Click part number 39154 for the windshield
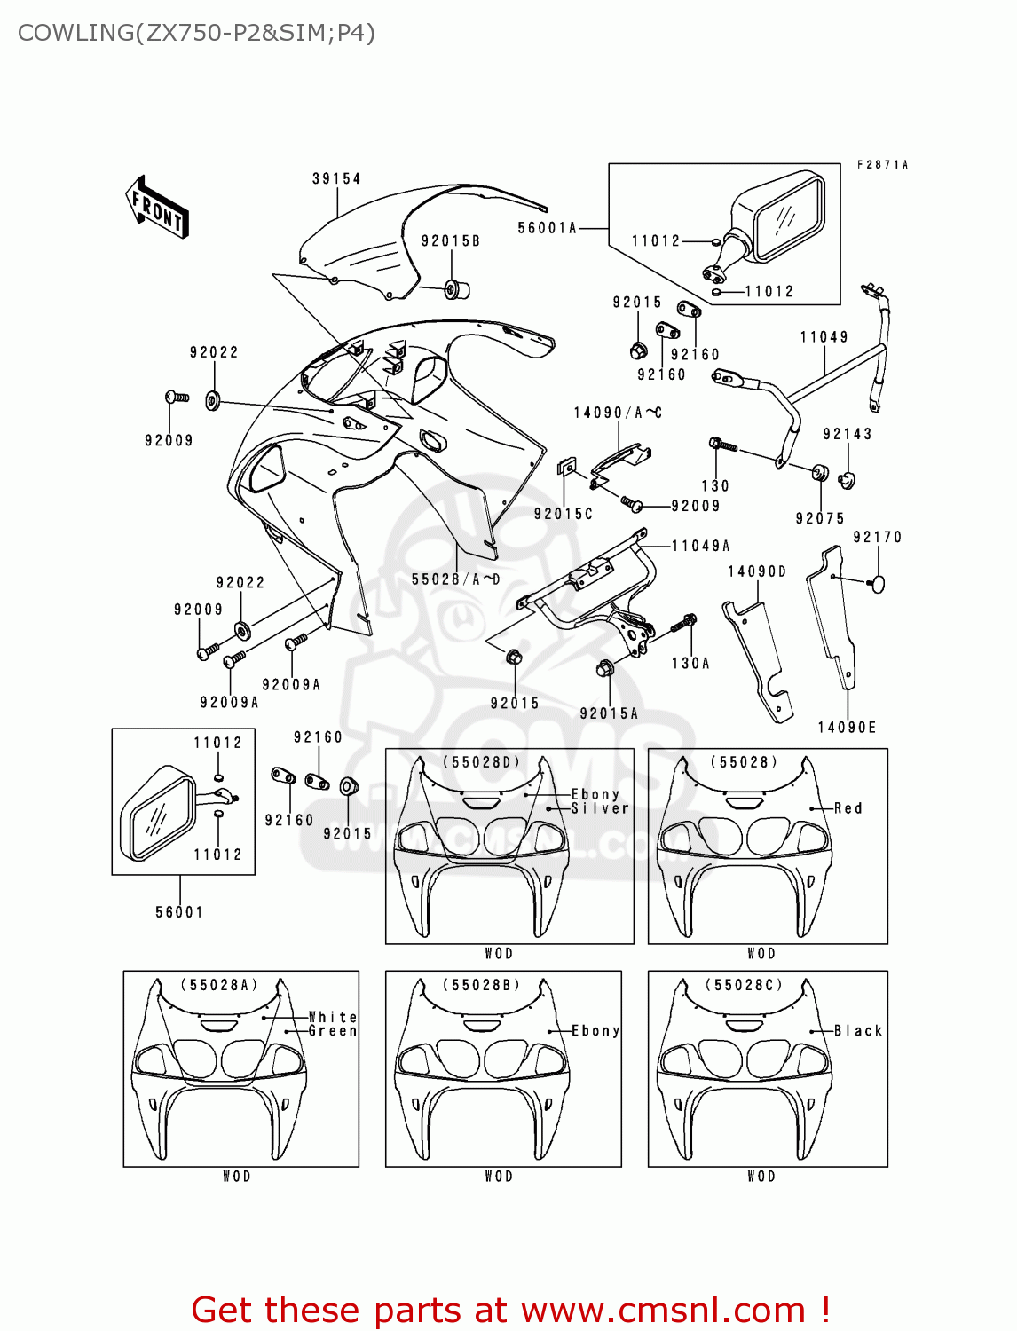coord(336,178)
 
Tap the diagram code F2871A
coord(882,164)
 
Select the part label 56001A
coord(548,228)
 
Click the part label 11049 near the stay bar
coord(824,337)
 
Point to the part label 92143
coord(847,434)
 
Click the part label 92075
coord(820,518)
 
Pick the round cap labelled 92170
coord(877,584)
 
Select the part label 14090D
coord(757,571)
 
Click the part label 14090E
coord(847,728)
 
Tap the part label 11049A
coord(701,546)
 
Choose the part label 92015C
coord(564,514)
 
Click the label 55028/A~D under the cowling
coord(456,579)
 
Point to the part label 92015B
coord(451,241)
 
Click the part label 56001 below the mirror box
coord(179,912)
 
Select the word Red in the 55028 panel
coord(847,808)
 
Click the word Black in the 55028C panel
coord(858,1031)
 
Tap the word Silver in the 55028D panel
coord(600,808)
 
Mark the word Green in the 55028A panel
coord(333,1031)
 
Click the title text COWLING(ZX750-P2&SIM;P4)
coord(196,33)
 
